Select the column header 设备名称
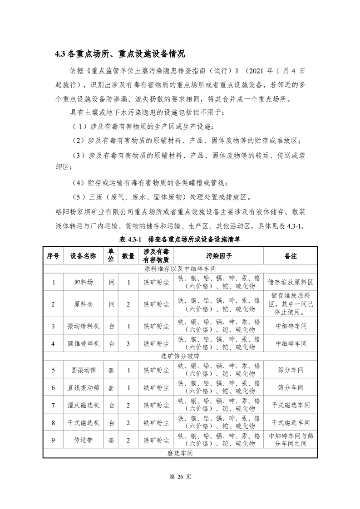[83, 256]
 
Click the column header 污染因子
[219, 256]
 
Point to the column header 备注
[291, 256]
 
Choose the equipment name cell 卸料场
[83, 282]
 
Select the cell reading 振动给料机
[83, 326]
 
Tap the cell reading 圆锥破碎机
[83, 343]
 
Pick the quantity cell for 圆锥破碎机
[128, 343]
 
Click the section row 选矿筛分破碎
[180, 357]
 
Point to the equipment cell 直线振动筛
[83, 388]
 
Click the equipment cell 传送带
[83, 440]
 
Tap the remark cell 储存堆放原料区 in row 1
[291, 282]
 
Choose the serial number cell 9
[53, 440]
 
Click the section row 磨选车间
[180, 453]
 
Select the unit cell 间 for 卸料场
[111, 282]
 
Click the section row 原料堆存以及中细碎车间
[180, 269]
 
